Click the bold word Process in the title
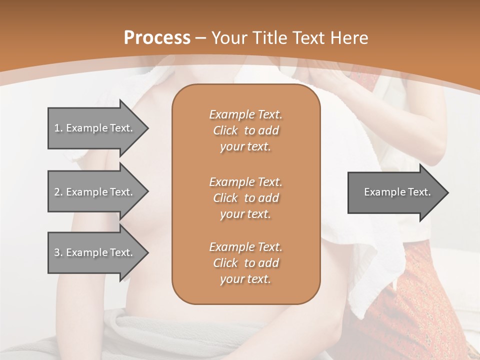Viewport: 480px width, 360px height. tap(157, 38)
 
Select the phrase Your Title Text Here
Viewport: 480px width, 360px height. tap(290, 38)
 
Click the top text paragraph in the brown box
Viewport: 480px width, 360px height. tap(245, 130)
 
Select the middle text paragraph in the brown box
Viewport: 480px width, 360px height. tap(245, 198)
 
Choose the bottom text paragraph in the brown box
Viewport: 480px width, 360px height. tap(245, 263)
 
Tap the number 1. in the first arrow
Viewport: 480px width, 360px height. tap(58, 128)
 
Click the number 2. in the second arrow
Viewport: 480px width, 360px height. tap(58, 192)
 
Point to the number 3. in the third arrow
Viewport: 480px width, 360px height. tap(58, 252)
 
